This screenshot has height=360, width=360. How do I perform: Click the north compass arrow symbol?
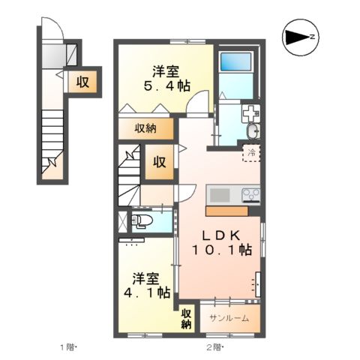click(299, 37)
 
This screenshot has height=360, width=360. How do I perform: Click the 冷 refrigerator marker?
click(251, 154)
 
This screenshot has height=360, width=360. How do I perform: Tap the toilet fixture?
click(142, 221)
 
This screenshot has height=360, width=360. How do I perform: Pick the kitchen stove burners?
click(249, 196)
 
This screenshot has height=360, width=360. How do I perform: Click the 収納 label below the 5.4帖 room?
click(145, 128)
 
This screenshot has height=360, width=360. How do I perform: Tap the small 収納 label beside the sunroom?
click(186, 318)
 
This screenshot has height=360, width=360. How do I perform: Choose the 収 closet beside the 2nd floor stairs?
click(159, 161)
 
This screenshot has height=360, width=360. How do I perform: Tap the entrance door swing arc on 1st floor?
click(52, 31)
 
